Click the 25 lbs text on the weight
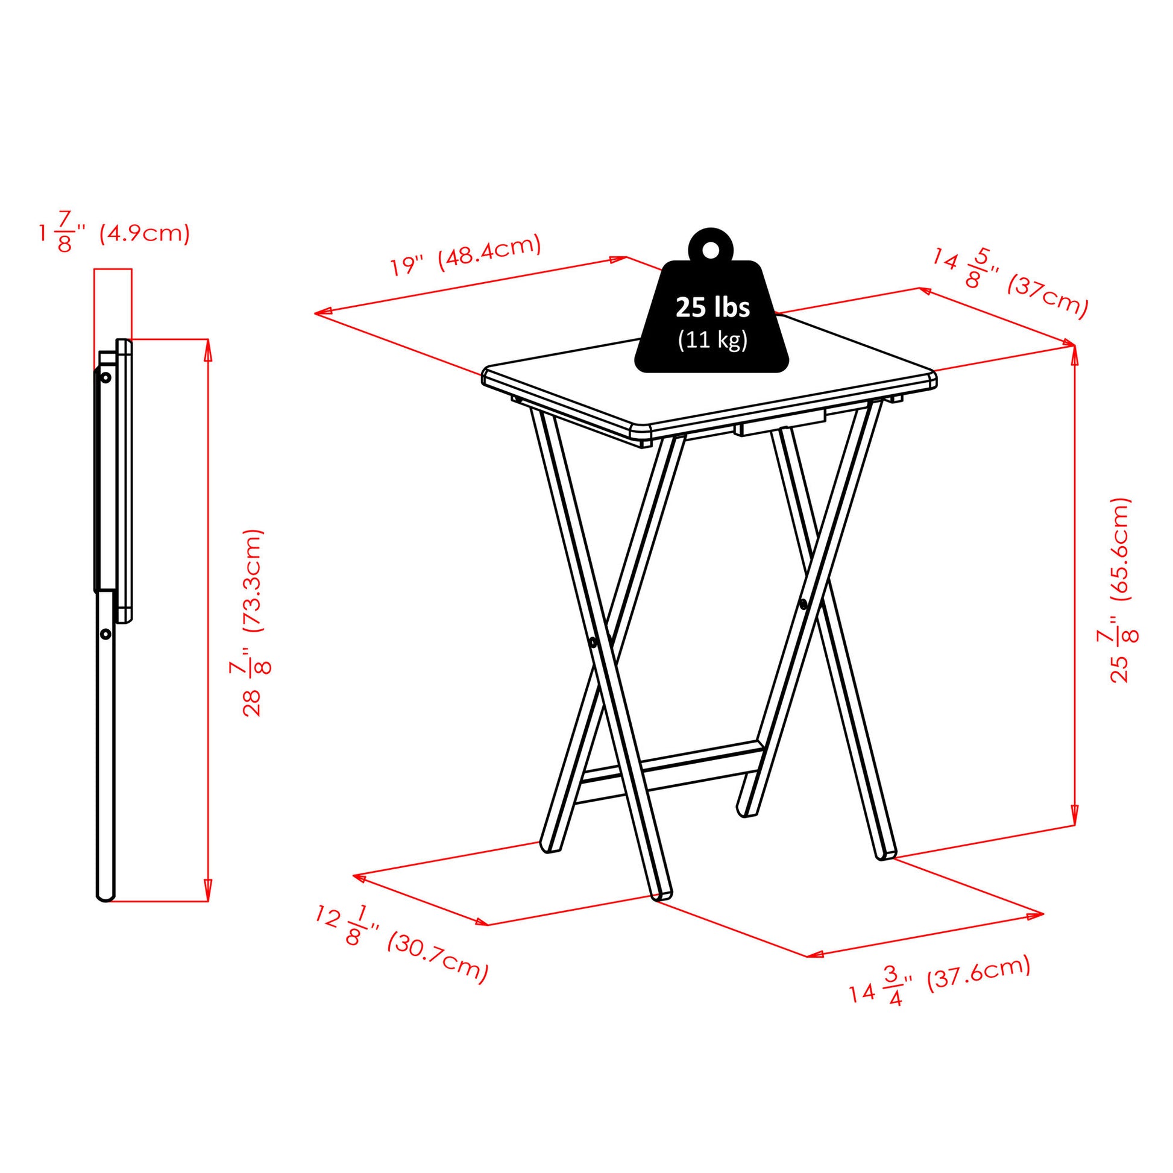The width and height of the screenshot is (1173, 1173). coord(713,308)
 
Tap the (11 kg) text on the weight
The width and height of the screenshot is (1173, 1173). coord(713,340)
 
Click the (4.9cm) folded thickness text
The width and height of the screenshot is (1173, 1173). coord(145,233)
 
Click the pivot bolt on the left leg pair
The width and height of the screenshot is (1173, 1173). coord(593,641)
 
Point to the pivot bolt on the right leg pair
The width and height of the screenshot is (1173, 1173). coord(803,604)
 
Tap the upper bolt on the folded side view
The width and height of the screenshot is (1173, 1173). coord(106,378)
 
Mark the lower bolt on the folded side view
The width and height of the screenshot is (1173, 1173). coord(106,634)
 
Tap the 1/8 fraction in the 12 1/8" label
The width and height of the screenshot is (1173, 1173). coord(355,930)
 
